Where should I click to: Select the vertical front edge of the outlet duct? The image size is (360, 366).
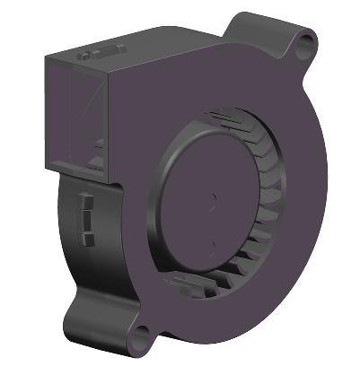click(107, 121)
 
